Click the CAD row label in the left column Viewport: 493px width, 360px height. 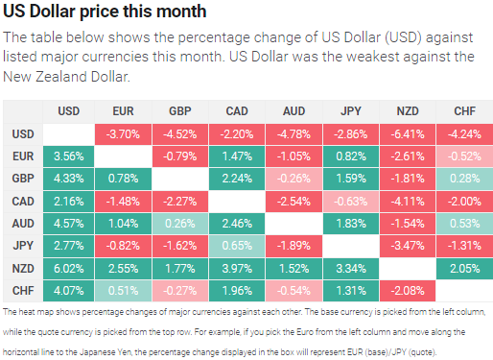(x=23, y=201)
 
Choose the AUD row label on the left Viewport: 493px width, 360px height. (x=23, y=224)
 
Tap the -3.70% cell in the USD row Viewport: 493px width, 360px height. (x=124, y=133)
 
